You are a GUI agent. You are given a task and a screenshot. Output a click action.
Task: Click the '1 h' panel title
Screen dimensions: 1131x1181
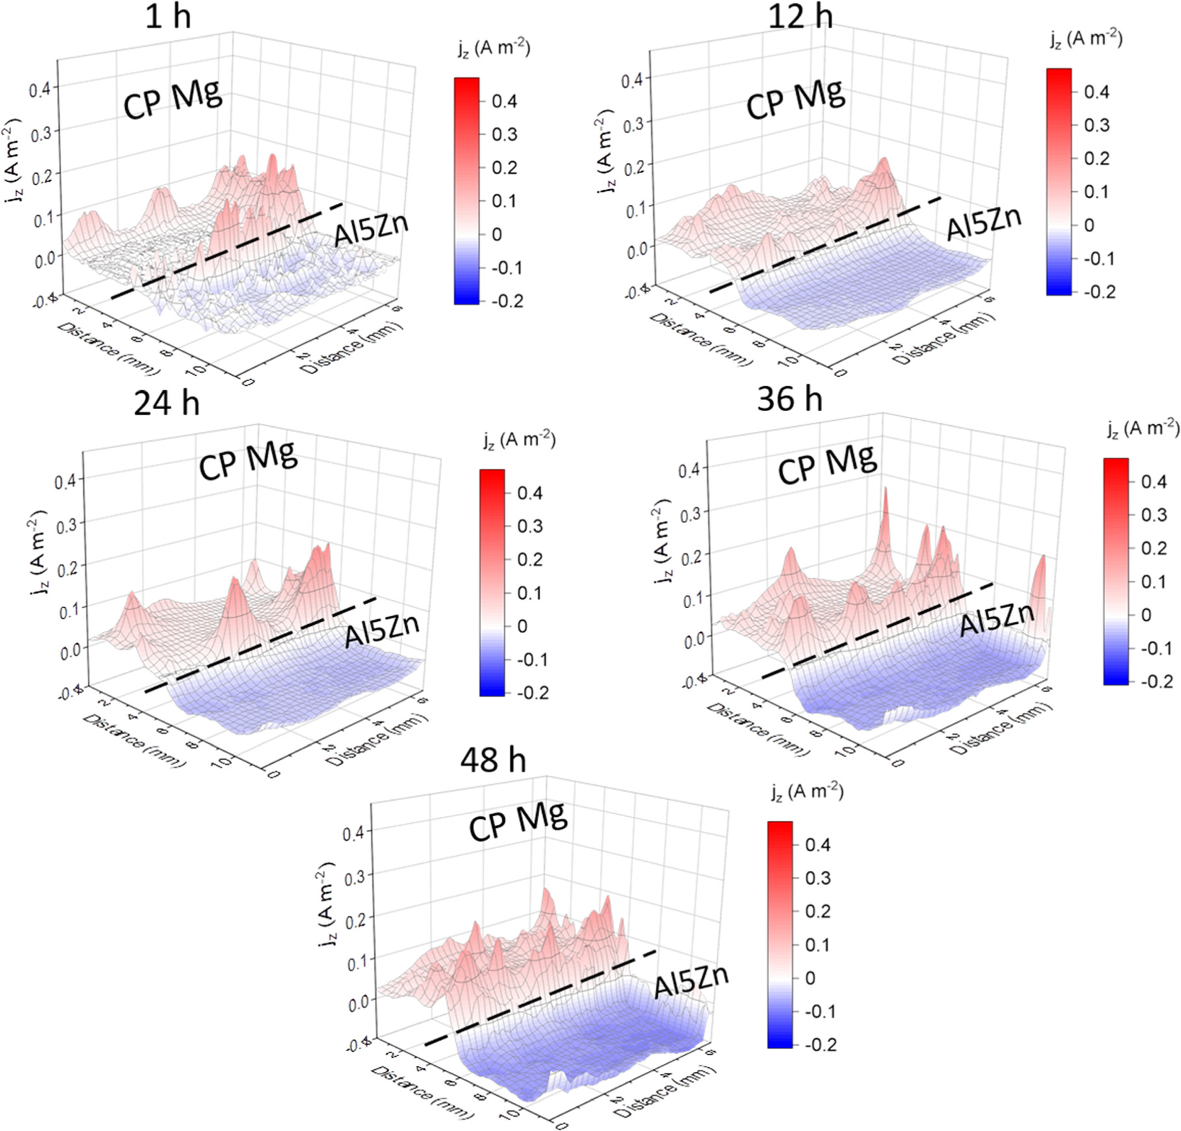coord(168,16)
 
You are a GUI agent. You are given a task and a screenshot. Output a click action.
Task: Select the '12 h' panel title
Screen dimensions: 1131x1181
coord(801,16)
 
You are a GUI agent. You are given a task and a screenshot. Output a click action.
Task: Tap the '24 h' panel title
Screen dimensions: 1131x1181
coord(166,404)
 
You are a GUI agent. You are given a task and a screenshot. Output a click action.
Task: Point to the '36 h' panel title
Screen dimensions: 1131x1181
coord(790,399)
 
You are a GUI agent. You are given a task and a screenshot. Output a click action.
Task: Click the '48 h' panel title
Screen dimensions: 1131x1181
coord(493,760)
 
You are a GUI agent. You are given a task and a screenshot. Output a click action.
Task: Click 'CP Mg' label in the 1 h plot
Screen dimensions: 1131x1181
coord(173,100)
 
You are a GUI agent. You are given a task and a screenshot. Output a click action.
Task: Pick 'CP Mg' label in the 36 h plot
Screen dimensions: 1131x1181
coord(827,464)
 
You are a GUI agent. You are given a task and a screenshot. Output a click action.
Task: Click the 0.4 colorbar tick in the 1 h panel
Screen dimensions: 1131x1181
coord(504,101)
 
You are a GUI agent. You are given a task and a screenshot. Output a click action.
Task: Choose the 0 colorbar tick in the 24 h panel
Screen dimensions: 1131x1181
coord(521,626)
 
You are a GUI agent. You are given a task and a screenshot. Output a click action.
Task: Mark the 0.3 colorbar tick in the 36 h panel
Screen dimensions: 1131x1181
coord(1154,515)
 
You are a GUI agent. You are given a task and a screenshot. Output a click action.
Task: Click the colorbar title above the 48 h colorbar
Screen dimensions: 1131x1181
coord(807,792)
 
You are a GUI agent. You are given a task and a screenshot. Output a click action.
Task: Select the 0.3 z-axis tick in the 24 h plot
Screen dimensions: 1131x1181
coord(67,525)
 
